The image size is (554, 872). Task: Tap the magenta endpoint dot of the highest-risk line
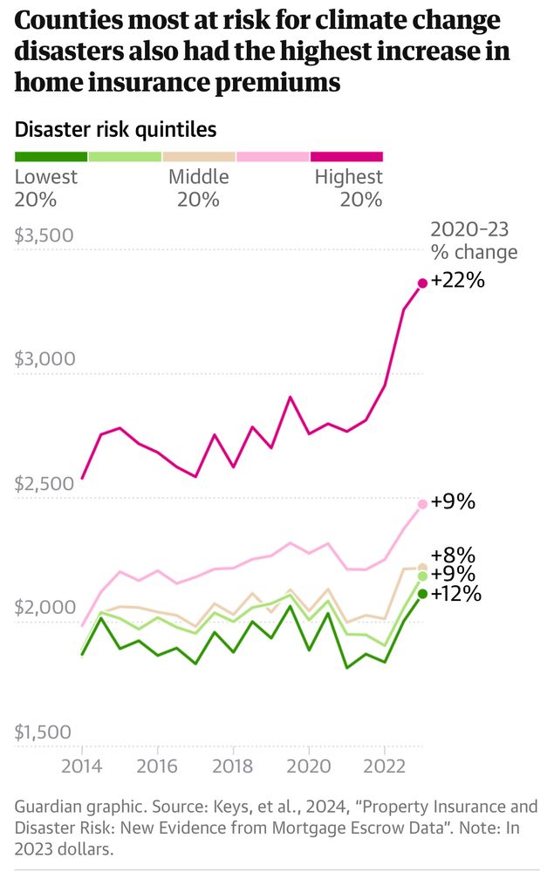coord(423,283)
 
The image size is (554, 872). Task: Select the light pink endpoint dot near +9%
coord(423,504)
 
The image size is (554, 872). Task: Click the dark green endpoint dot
coord(423,594)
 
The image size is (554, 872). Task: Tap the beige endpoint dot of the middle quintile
coord(423,568)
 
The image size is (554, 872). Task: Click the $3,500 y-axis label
coord(44,236)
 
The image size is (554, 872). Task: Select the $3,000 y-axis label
coord(44,359)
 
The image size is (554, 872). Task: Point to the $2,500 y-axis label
coord(44,483)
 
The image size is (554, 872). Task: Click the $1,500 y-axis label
coord(44,732)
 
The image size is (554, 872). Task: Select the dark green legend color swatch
coord(51,157)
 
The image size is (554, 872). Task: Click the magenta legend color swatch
coord(346,157)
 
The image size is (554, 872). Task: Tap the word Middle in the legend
coord(198,177)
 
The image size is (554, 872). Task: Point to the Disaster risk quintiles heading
coord(116,130)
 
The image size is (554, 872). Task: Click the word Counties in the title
coord(63,21)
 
